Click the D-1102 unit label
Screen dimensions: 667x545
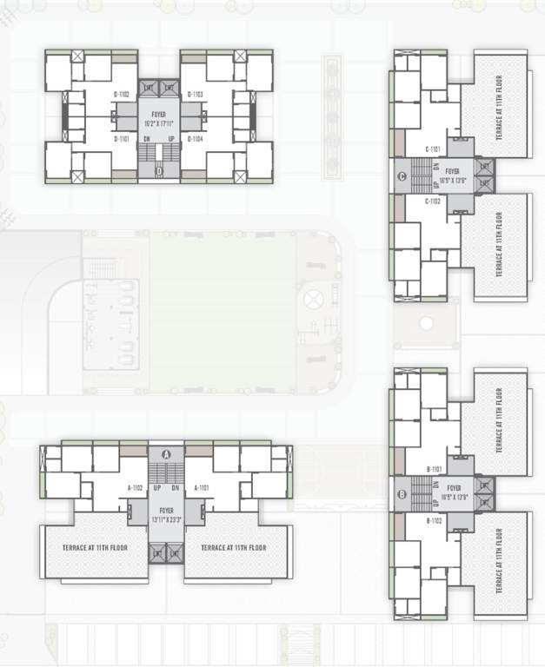(122, 94)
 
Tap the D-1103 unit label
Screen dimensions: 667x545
(196, 94)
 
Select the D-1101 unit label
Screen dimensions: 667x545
(122, 139)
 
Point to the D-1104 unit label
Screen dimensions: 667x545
(196, 139)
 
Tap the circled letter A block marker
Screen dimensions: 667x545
(166, 453)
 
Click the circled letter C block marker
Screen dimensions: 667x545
(401, 178)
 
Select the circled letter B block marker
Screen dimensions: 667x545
(401, 495)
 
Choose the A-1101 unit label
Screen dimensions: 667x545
(201, 488)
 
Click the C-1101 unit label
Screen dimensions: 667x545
(434, 149)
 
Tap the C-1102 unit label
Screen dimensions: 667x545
(434, 201)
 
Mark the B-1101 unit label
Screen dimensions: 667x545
(435, 469)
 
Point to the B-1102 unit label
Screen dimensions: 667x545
(435, 521)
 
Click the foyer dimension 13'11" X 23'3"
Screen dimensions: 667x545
(166, 518)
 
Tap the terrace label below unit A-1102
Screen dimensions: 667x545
(96, 548)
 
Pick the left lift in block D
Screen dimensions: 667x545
(148, 89)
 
